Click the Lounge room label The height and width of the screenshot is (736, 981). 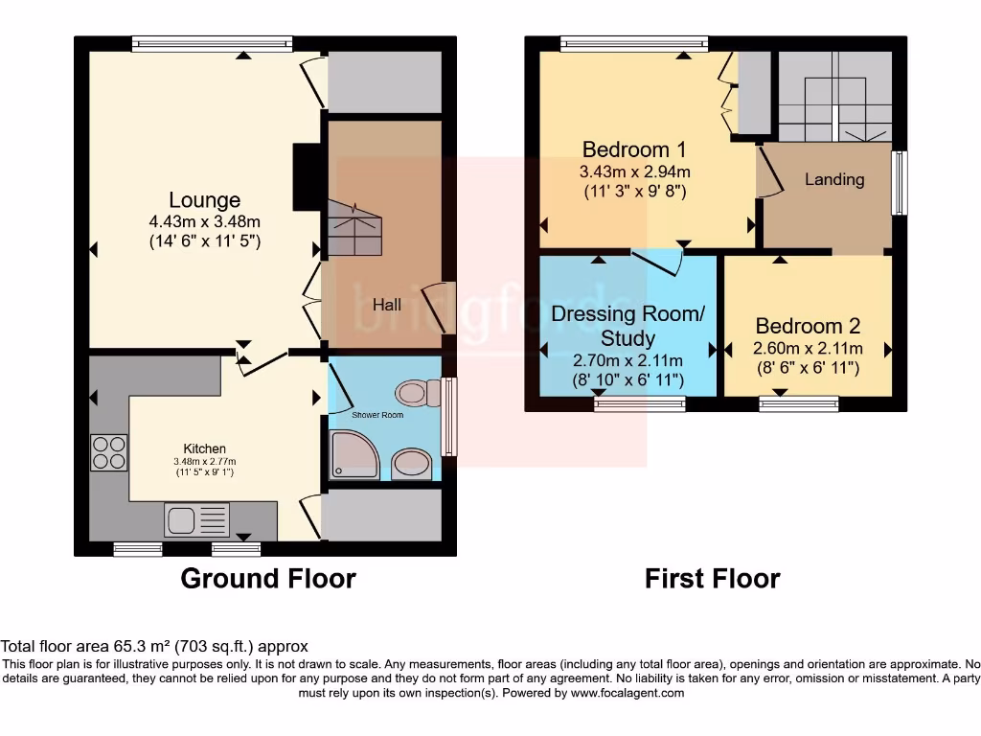[204, 200]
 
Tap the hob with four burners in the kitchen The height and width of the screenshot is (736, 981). [108, 452]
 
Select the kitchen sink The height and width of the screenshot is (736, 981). [196, 520]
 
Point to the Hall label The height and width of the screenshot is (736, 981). [387, 305]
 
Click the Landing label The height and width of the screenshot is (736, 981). [833, 179]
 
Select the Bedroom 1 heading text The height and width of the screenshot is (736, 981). [634, 149]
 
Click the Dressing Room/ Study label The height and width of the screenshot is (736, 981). [627, 326]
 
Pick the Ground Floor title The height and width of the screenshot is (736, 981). [268, 579]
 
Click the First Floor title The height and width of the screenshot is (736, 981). [712, 579]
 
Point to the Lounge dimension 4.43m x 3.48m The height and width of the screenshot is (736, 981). [204, 223]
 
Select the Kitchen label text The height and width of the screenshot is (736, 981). [205, 448]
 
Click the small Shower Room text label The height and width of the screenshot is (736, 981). [377, 415]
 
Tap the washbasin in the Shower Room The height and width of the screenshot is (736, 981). [411, 463]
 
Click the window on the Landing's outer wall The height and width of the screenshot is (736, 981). [900, 182]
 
